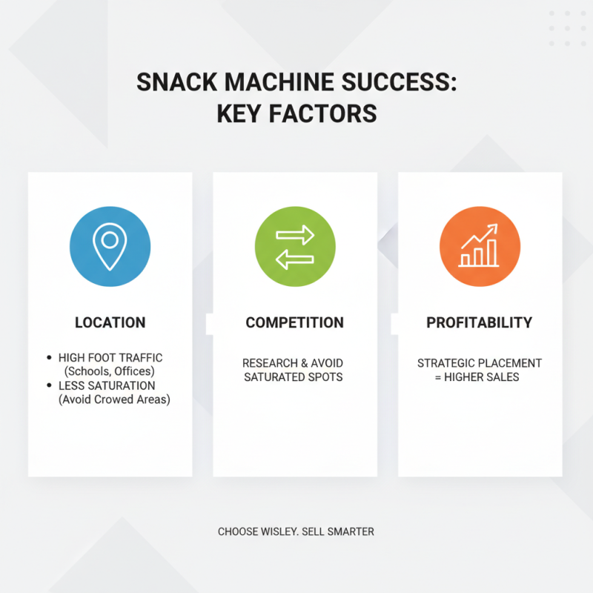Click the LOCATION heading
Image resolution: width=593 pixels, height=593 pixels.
tap(110, 322)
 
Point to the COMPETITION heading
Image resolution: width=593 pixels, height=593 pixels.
tap(294, 322)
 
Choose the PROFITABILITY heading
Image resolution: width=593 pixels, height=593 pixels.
tap(479, 322)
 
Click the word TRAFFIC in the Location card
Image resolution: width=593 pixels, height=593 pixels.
tap(139, 358)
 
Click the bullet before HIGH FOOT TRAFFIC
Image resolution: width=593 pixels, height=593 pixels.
tap(49, 358)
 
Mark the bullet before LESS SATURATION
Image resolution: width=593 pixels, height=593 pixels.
tap(49, 385)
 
